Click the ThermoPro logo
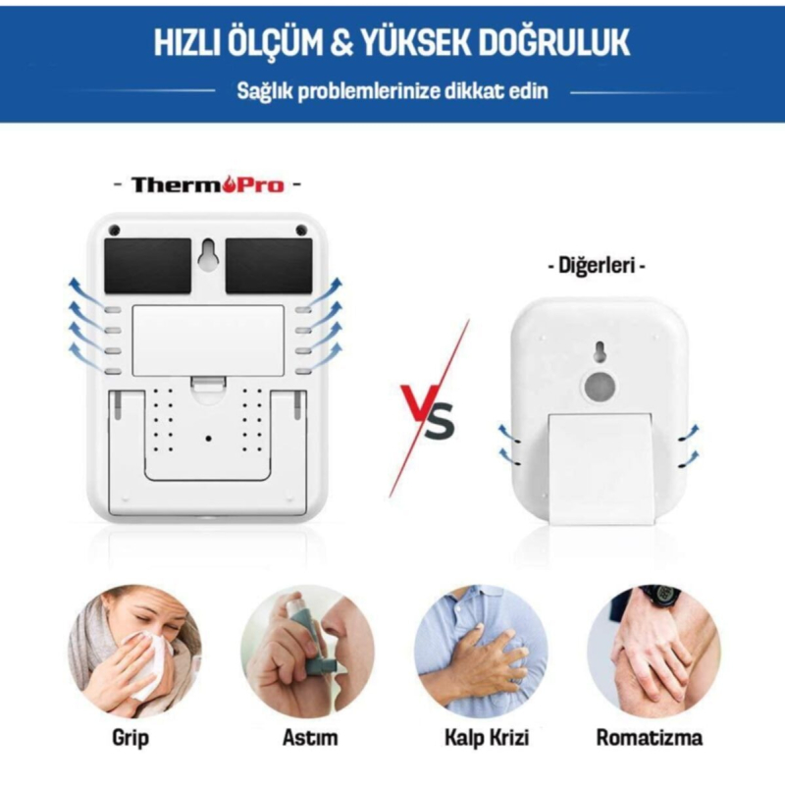point(208,184)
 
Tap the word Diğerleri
point(597,265)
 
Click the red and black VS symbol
point(429,409)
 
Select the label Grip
point(131,738)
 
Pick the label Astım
point(310,737)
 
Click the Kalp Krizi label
point(487,738)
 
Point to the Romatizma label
point(650,737)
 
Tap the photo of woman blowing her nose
point(134,652)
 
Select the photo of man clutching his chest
point(481,652)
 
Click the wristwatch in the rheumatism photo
point(660,594)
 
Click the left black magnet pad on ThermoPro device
point(148,266)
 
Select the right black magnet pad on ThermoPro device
point(269,266)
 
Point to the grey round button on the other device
point(599,387)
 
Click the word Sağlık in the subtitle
point(264,92)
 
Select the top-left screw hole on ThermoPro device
point(115,230)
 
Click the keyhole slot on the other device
point(599,351)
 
